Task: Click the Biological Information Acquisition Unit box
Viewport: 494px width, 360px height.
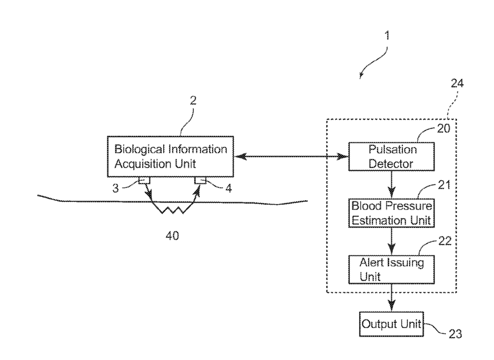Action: point(170,156)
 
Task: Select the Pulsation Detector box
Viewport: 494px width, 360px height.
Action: point(391,156)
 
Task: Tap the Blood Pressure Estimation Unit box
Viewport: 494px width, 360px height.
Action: point(391,213)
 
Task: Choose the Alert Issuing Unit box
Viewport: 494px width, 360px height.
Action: point(391,270)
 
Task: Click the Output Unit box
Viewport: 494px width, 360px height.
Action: point(391,324)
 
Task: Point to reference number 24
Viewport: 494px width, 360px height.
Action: point(457,83)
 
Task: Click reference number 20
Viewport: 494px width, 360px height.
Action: point(443,129)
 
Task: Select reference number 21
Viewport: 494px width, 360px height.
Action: point(444,185)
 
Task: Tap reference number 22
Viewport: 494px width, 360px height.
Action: point(445,241)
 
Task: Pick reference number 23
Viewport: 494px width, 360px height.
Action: point(455,334)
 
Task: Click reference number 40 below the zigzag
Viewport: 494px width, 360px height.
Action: point(172,236)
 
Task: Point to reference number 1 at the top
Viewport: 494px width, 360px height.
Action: point(387,36)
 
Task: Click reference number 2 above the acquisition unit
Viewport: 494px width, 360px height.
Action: point(193,100)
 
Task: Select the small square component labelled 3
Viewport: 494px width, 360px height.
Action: point(144,180)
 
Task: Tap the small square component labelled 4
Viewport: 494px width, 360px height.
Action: point(200,180)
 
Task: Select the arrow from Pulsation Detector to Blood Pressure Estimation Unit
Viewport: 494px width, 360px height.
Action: point(391,185)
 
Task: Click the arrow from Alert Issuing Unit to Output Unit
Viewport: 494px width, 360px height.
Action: point(391,298)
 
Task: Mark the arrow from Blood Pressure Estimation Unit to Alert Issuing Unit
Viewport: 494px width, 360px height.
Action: point(391,241)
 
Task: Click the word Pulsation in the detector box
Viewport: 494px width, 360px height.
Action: point(392,149)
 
